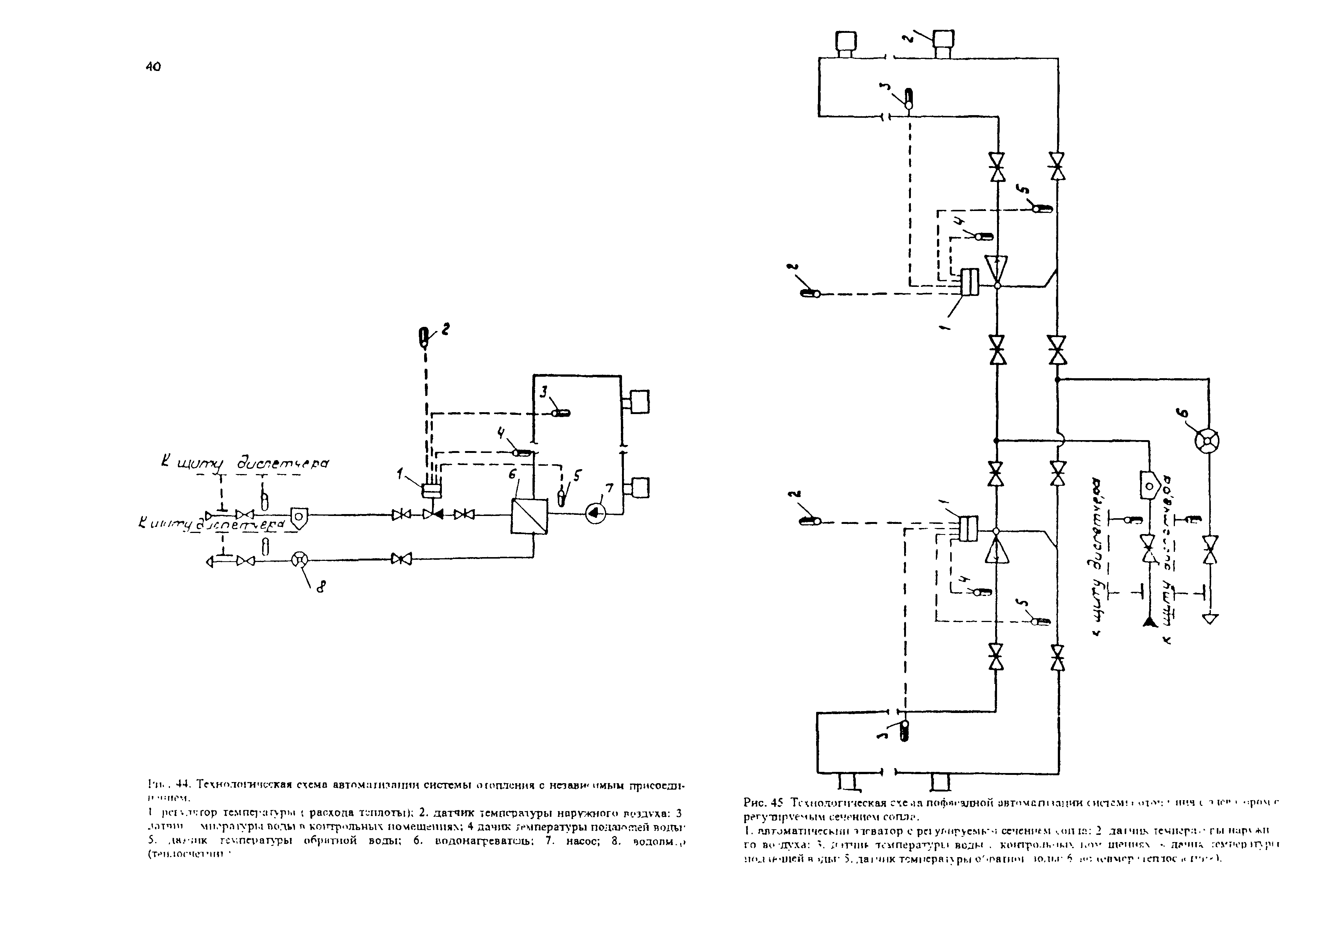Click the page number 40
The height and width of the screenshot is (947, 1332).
coord(153,67)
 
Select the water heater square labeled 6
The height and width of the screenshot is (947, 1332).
coord(529,516)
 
